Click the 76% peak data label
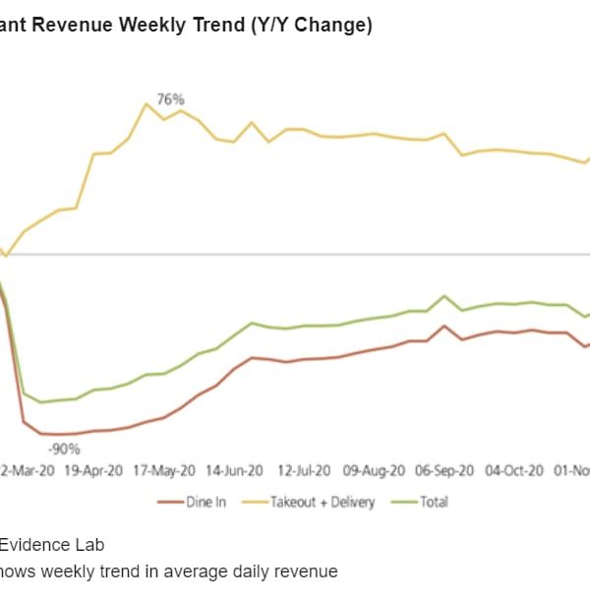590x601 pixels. pos(170,99)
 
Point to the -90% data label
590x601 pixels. pos(65,449)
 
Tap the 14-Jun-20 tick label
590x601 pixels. pos(235,471)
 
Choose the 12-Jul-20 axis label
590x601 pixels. pos(304,471)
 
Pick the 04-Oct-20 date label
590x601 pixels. pos(515,471)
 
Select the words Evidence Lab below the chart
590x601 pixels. pos(51,544)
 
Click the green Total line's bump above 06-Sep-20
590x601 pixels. pos(445,295)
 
